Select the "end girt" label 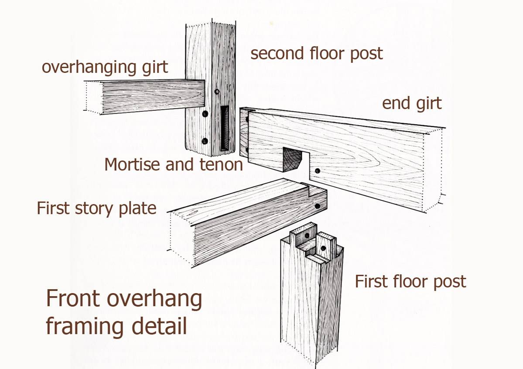pyautogui.click(x=412, y=103)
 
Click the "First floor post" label pyautogui.click(x=410, y=281)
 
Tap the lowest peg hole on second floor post pyautogui.click(x=204, y=141)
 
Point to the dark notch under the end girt pyautogui.click(x=292, y=160)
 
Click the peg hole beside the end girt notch pyautogui.click(x=318, y=171)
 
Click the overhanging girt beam pyautogui.click(x=148, y=96)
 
